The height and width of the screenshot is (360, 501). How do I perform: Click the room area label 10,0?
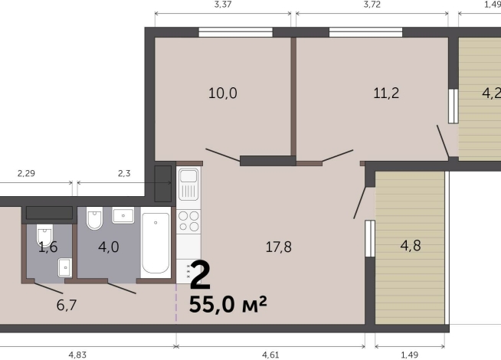223,93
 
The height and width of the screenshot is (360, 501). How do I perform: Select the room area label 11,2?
386,93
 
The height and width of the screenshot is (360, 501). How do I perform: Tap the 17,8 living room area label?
278,247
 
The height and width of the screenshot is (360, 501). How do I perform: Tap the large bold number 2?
201,275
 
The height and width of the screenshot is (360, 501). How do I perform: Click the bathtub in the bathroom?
156,244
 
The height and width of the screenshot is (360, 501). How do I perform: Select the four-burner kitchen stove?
188,221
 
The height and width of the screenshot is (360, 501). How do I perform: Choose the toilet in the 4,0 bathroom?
95,220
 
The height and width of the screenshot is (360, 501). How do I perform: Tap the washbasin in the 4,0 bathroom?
123,215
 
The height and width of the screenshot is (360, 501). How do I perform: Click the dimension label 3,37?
223,5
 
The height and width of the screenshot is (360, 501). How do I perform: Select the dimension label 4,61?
270,355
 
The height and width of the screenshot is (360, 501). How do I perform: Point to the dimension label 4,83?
78,355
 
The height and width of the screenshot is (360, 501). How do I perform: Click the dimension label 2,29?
27,174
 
